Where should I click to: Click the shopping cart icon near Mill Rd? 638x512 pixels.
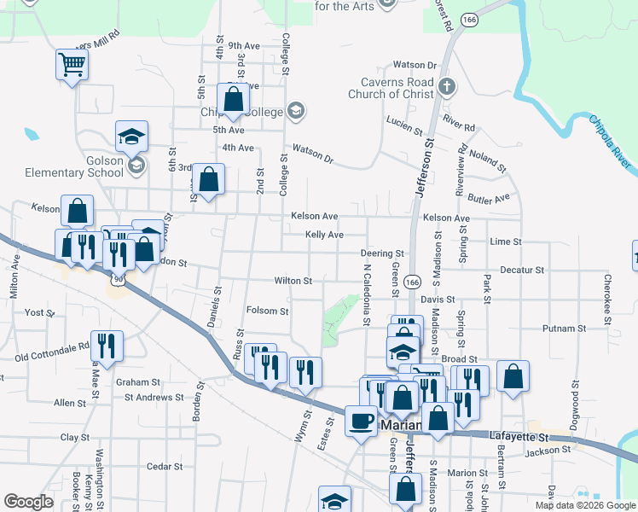(72, 64)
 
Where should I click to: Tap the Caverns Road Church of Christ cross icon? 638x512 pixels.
(447, 86)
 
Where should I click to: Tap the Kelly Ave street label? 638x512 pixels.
(324, 235)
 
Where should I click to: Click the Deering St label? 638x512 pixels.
(381, 253)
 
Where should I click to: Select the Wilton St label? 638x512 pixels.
(293, 281)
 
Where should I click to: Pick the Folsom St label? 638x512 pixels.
(267, 311)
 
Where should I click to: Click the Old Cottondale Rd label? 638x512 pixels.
(51, 350)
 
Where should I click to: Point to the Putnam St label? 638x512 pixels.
(565, 328)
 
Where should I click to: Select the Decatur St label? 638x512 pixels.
(522, 270)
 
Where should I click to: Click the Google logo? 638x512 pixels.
(28, 502)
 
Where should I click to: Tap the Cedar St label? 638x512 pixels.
(165, 467)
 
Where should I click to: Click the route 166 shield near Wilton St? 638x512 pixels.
(413, 282)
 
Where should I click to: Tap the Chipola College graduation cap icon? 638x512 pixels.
(296, 110)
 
